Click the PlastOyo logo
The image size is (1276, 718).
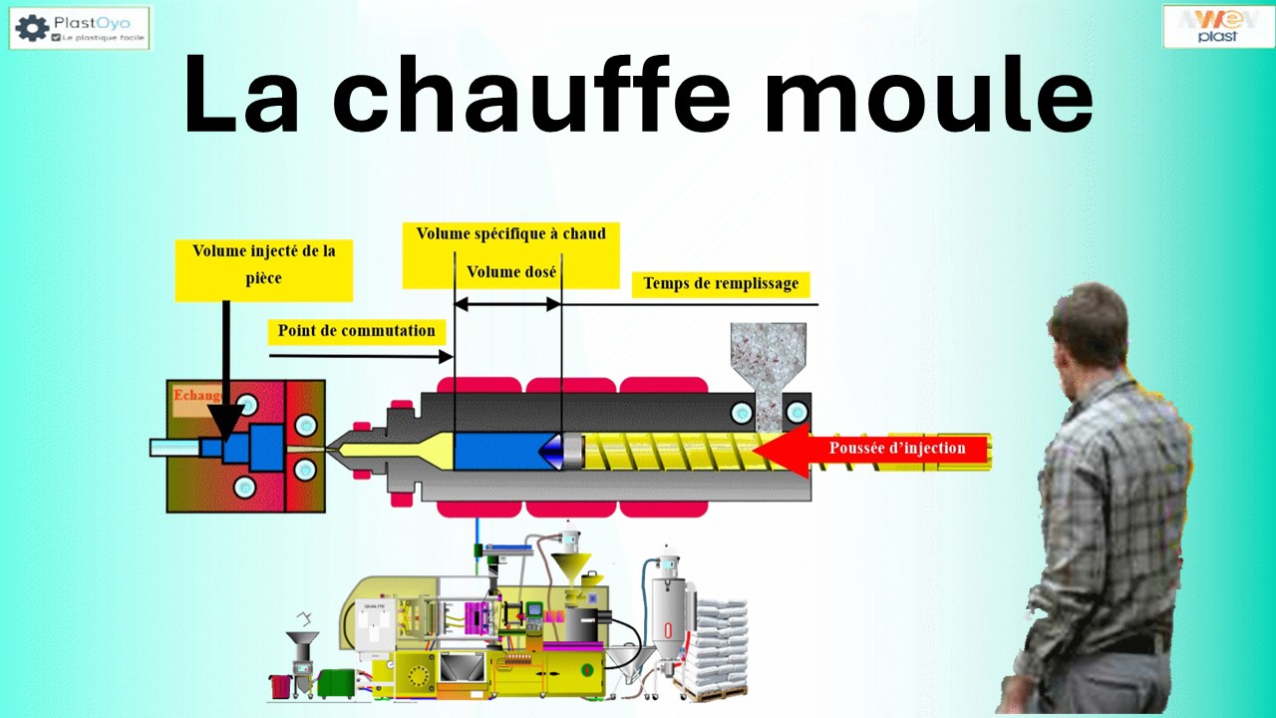pos(80,28)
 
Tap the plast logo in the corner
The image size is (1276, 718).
pos(1218,26)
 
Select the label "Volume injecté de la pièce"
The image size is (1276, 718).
pos(264,264)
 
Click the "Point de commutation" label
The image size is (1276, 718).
pos(356,331)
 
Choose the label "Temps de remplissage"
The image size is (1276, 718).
pos(720,283)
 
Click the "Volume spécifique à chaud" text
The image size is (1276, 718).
pos(510,233)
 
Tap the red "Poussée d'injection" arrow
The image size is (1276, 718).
pos(877,449)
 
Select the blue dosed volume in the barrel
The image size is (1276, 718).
pos(495,451)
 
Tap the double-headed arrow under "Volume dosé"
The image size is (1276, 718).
pos(507,304)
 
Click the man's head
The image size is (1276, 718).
pos(1089,324)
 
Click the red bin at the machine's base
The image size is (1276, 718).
pos(279,687)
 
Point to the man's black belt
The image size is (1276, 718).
pos(1136,644)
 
